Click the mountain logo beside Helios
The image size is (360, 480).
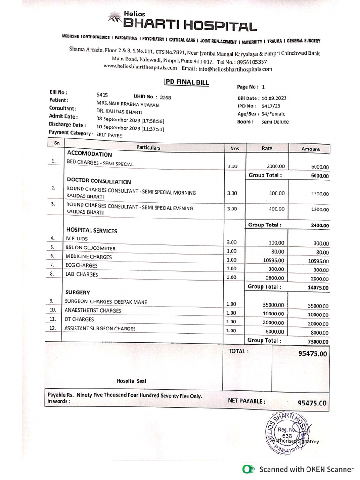[114, 19]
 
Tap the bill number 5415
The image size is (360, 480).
[103, 95]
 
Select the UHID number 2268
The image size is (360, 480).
[166, 97]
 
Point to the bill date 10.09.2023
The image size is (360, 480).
[274, 98]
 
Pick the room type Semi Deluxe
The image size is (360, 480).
[275, 122]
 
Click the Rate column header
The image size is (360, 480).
[267, 148]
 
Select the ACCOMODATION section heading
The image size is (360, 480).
[90, 154]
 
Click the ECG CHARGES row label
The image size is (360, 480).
[82, 265]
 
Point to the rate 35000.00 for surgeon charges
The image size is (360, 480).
[273, 305]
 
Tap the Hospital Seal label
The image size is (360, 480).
[131, 381]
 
